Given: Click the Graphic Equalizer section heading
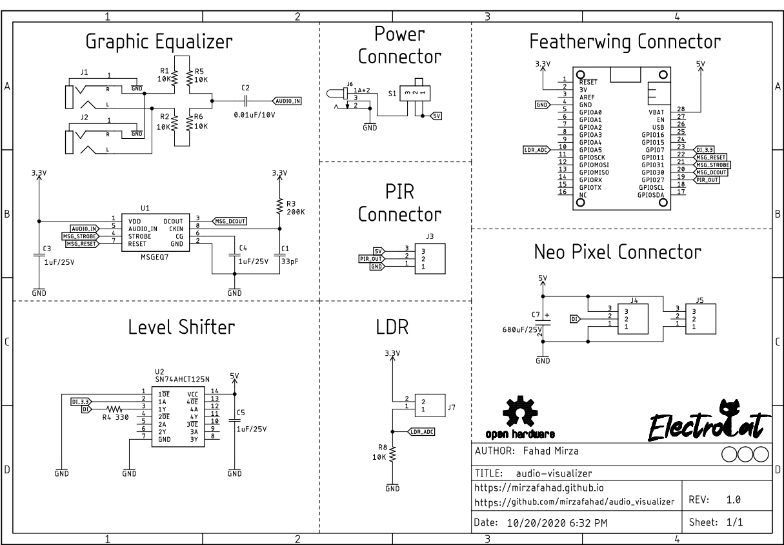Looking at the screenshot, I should [159, 43].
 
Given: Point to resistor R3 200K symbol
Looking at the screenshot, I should [279, 206].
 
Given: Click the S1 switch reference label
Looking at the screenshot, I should [392, 94].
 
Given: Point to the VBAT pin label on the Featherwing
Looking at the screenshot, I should [656, 112].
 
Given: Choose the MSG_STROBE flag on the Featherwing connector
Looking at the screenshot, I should [712, 165].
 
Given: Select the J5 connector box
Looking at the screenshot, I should [700, 318].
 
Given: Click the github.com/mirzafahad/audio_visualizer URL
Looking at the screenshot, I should [574, 502].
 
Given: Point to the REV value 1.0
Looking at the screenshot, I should [733, 500].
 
